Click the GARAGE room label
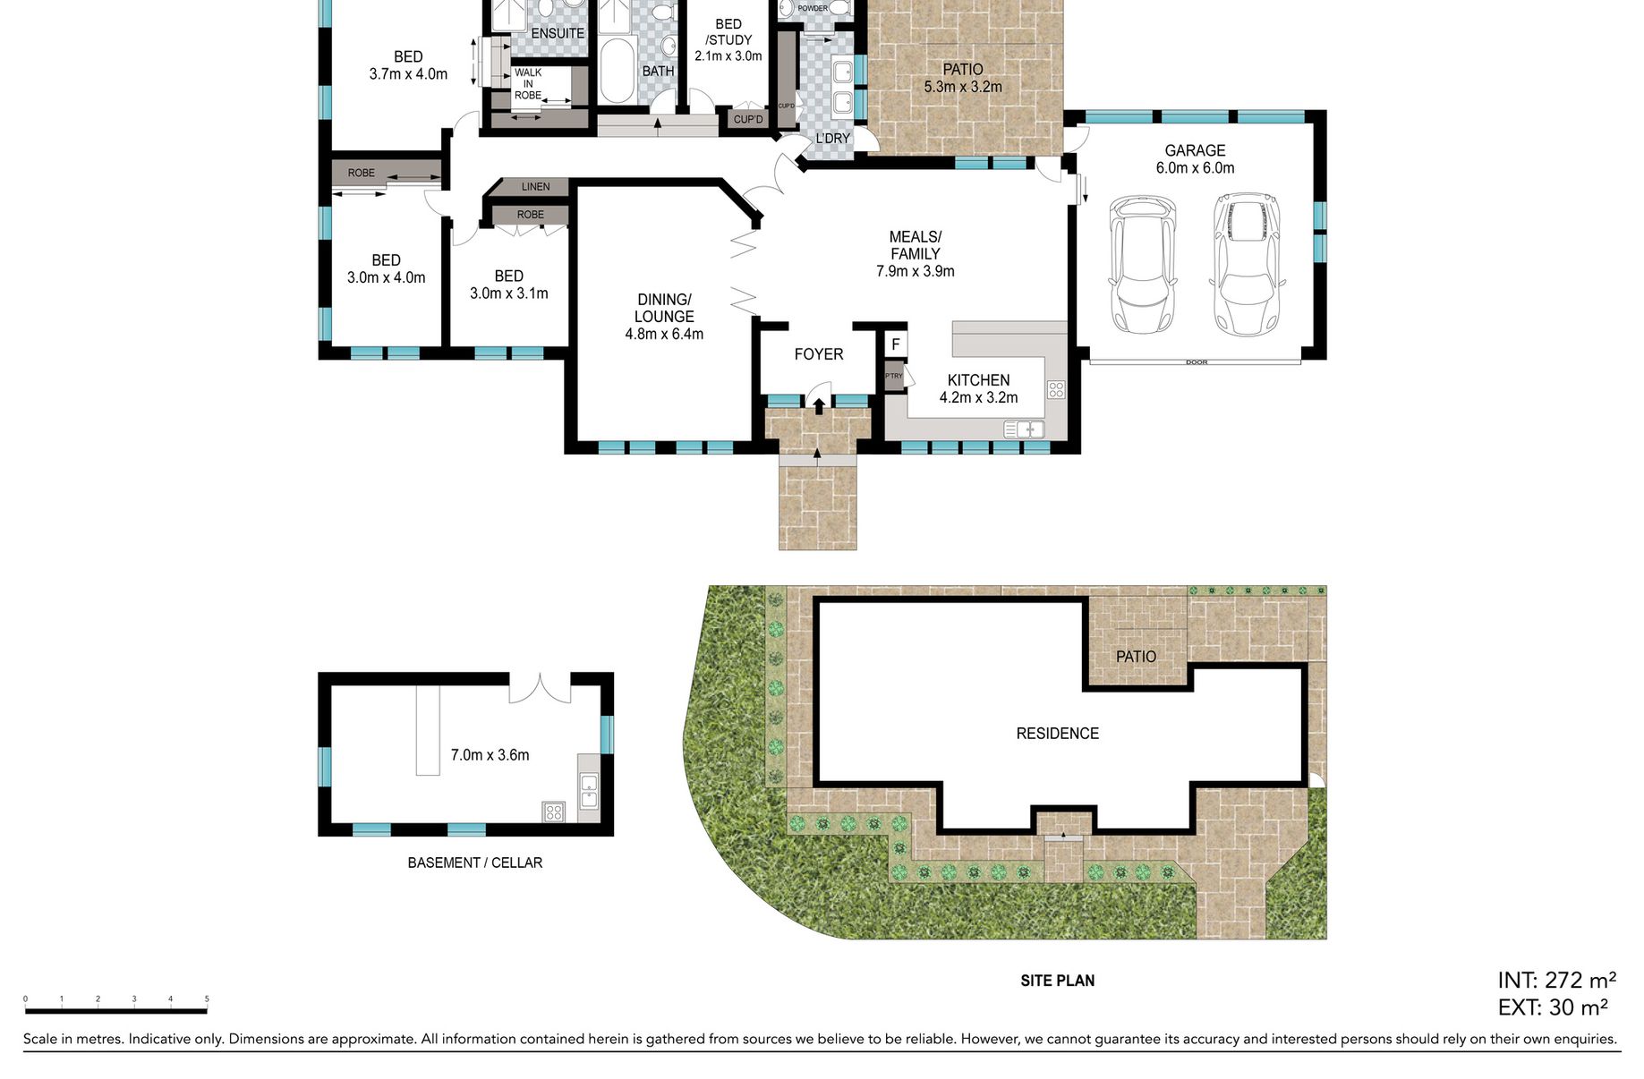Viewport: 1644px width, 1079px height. [x=1195, y=150]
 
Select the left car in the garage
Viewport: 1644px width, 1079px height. [x=1142, y=264]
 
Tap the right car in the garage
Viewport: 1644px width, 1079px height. [x=1247, y=265]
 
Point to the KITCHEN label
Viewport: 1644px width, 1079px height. [x=978, y=380]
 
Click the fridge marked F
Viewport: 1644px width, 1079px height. [x=895, y=344]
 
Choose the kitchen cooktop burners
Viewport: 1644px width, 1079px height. [x=1056, y=389]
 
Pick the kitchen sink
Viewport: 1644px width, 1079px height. [x=1024, y=429]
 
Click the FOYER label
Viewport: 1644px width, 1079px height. [x=819, y=354]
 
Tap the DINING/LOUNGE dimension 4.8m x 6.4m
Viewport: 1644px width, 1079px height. [x=664, y=334]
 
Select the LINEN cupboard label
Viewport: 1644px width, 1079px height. [x=536, y=187]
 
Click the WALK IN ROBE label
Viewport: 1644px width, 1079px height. [x=528, y=84]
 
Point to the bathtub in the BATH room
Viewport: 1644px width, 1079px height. [x=616, y=72]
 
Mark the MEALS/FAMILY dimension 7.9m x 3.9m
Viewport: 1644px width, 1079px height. [x=915, y=271]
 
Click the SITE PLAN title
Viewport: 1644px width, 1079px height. [x=1057, y=981]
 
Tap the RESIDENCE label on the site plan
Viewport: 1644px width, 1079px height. [x=1057, y=734]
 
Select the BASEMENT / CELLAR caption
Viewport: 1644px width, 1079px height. [x=474, y=862]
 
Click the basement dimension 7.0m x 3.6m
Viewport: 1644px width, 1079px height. [x=490, y=755]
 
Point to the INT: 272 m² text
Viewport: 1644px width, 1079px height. [x=1556, y=981]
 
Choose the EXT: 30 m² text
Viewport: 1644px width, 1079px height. [x=1553, y=1007]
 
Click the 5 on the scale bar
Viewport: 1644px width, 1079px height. [x=207, y=998]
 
